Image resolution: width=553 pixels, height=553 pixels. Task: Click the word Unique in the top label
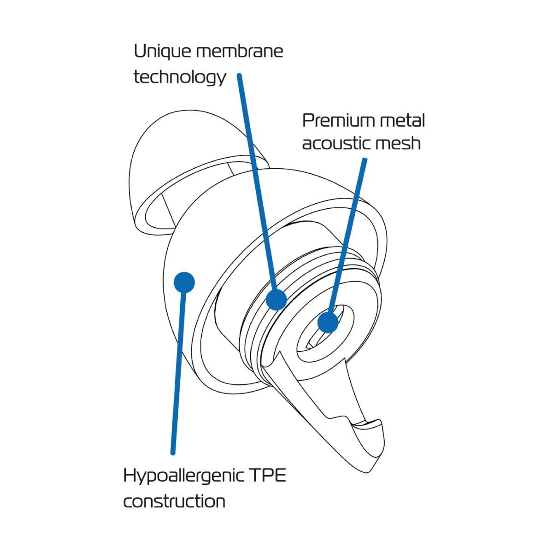[x=162, y=51]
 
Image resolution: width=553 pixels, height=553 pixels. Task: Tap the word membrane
[x=239, y=51]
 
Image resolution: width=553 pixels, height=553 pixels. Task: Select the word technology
[x=180, y=77]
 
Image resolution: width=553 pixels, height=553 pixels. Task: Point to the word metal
[x=402, y=121]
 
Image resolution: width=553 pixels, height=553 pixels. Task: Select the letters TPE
[x=268, y=476]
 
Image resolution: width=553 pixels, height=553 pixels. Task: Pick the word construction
[x=174, y=501]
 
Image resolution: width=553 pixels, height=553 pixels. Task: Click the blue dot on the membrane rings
[x=276, y=300]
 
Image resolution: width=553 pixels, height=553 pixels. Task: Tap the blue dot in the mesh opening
[x=328, y=322]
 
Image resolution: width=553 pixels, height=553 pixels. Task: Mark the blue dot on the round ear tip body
[x=184, y=282]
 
